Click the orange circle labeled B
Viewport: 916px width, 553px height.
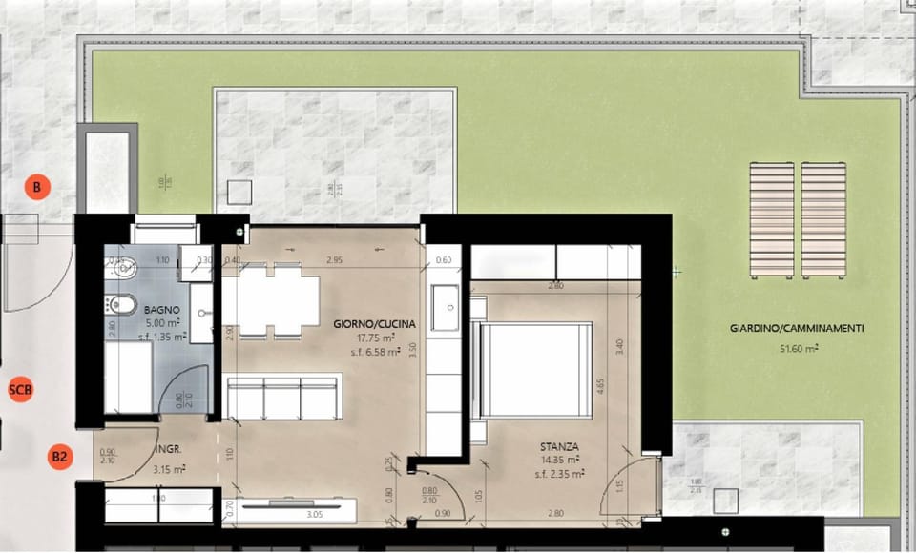pyautogui.click(x=36, y=188)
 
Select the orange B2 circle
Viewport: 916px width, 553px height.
pyautogui.click(x=60, y=457)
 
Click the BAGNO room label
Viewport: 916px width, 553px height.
pyautogui.click(x=158, y=310)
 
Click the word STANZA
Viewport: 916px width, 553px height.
pyautogui.click(x=558, y=445)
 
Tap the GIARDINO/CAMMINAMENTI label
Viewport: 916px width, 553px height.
pyautogui.click(x=797, y=328)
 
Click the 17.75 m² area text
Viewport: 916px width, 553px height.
pyautogui.click(x=371, y=337)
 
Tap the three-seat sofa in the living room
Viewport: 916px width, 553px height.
pyautogui.click(x=282, y=398)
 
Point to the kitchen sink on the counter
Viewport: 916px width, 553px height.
pyautogui.click(x=447, y=305)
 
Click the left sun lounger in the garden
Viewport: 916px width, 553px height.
pyautogui.click(x=772, y=219)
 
